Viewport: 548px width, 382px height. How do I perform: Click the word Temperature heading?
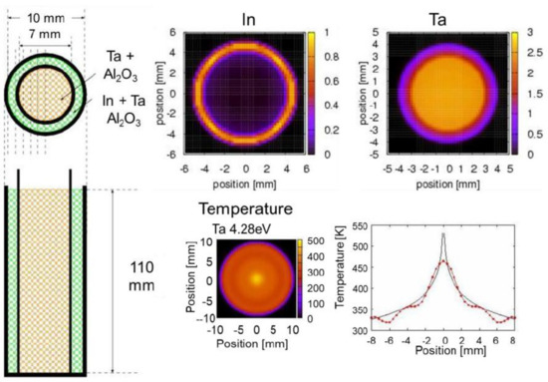(245, 210)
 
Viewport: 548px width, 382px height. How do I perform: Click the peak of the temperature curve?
(444, 234)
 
